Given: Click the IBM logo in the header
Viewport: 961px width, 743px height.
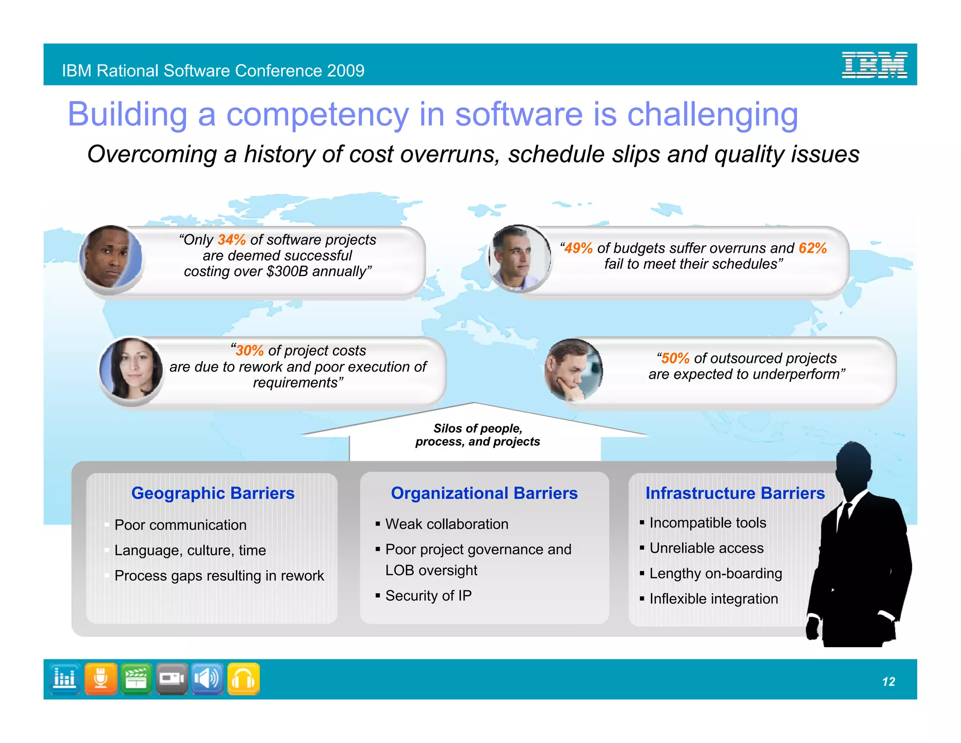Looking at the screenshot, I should point(874,65).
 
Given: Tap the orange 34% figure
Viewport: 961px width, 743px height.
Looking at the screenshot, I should point(232,240).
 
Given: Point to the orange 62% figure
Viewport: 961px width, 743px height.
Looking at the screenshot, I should point(813,248).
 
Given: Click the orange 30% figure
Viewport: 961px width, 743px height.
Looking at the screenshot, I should point(250,351).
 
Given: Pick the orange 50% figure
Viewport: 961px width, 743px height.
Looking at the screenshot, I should point(675,358).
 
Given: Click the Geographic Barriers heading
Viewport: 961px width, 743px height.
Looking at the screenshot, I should point(213,493).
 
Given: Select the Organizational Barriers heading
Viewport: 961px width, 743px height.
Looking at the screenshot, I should point(484,493).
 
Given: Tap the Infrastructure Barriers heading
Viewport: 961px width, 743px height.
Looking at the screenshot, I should point(734,493).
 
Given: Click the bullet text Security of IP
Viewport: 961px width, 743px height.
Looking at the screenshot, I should point(428,596).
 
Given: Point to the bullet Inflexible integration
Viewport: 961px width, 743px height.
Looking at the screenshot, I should point(713,599).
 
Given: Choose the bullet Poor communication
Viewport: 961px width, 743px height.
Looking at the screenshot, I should point(180,525).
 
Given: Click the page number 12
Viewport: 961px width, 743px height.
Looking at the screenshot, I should point(888,681).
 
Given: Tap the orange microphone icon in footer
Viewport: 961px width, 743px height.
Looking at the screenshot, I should point(100,679).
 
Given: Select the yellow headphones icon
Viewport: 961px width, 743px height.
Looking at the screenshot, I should point(243,679).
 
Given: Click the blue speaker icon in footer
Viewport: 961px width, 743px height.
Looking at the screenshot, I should point(207,679).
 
